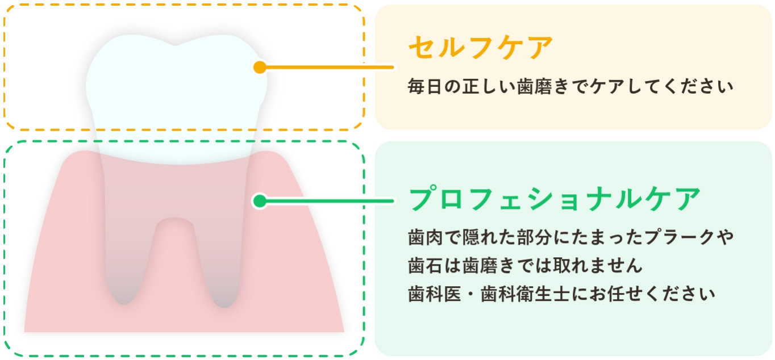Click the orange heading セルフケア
click(480, 48)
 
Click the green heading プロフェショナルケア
click(555, 199)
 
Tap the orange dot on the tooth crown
click(260, 67)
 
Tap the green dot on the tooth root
click(260, 200)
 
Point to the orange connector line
click(330, 67)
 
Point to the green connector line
click(330, 200)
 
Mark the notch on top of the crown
click(175, 45)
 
